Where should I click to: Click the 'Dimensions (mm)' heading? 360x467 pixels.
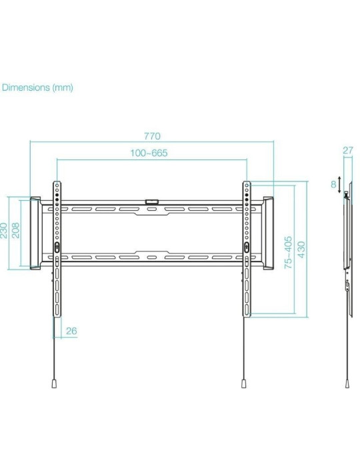[37, 87]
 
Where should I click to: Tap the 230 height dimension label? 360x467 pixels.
[5, 230]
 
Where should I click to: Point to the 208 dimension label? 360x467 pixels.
[17, 230]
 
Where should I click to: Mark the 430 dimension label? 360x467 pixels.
[301, 250]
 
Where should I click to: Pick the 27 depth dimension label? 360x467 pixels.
[347, 151]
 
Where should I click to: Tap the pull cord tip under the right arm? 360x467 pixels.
[245, 385]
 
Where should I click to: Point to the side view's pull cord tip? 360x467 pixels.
[347, 385]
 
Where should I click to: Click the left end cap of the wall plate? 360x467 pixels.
[33, 233]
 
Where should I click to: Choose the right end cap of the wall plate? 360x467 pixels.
[268, 233]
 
